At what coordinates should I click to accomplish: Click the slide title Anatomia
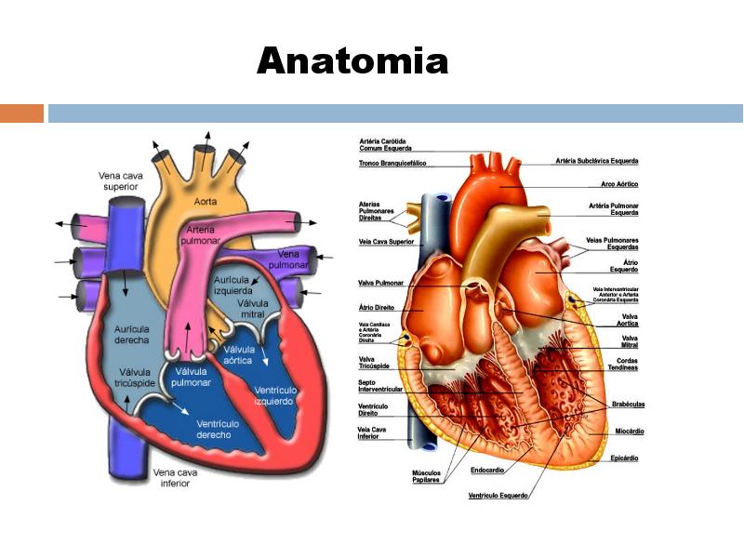(352, 61)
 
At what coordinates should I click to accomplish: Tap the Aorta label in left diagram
(206, 201)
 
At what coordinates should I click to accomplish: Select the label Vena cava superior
(120, 180)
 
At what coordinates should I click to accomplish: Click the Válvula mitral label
(252, 309)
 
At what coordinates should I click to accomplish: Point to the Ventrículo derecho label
(219, 429)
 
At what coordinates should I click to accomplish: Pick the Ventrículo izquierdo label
(275, 395)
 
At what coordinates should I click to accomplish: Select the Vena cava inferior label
(175, 478)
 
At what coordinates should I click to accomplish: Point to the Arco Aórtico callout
(619, 184)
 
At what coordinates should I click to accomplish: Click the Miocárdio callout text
(630, 432)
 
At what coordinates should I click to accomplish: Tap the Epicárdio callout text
(626, 458)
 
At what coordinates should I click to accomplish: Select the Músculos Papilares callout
(427, 476)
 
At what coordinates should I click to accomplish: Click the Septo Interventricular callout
(380, 386)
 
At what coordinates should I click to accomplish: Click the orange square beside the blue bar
(21, 113)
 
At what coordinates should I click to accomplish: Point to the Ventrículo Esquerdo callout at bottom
(498, 496)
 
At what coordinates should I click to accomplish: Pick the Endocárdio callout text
(487, 471)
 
